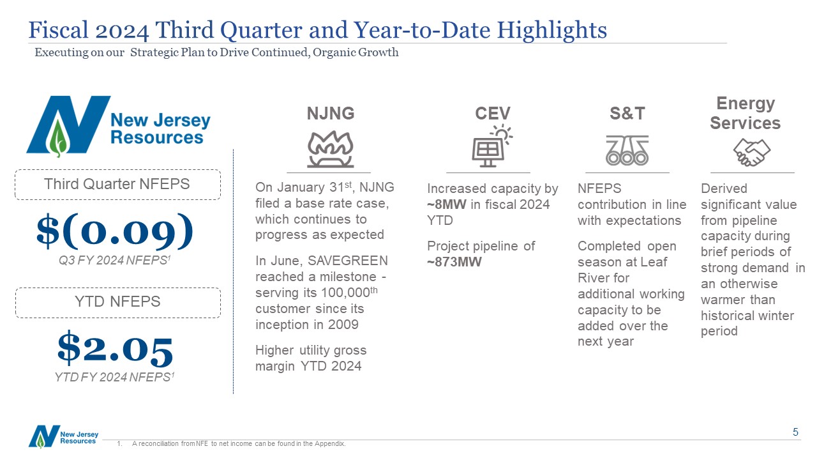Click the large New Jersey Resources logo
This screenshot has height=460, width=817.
tap(118, 125)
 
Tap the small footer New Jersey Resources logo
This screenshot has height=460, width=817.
tap(63, 436)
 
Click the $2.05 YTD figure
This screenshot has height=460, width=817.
tap(115, 349)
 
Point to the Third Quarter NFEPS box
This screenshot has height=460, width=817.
tap(117, 185)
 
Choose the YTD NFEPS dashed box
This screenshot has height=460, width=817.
tap(117, 302)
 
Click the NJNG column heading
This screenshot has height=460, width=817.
tap(330, 114)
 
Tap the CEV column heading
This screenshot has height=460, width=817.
tap(493, 114)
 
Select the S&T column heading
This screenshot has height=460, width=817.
tap(627, 114)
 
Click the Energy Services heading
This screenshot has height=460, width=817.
tap(745, 113)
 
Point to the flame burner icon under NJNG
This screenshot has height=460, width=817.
tap(330, 150)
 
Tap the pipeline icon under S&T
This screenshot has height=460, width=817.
tap(627, 151)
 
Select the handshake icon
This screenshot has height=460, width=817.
tap(751, 152)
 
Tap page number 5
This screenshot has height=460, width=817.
tap(795, 433)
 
